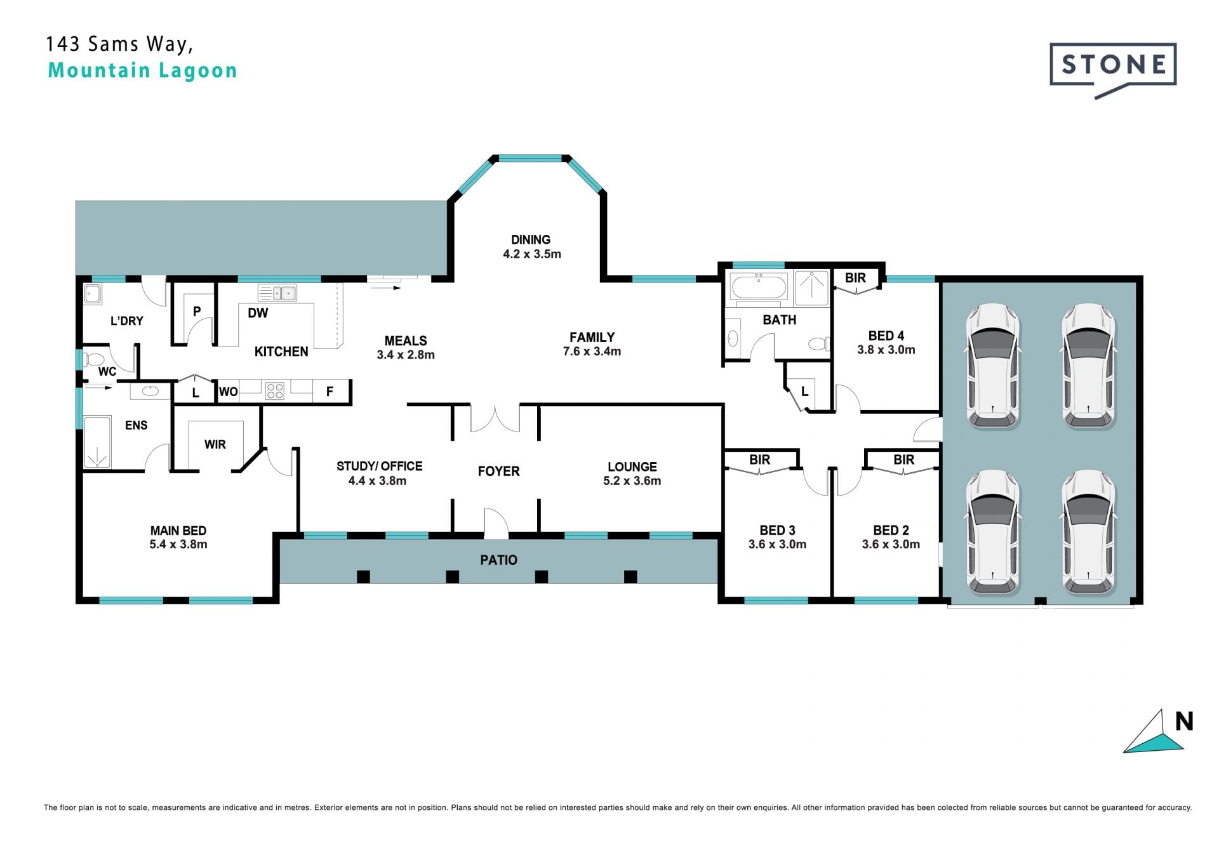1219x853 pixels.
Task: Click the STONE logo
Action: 1113,69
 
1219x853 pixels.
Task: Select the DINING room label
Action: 531,240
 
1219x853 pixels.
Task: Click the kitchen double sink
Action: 277,293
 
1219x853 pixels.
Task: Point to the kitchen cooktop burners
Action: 275,390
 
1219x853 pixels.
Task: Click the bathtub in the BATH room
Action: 759,286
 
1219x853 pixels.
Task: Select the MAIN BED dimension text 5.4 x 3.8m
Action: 178,545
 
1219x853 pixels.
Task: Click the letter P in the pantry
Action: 197,312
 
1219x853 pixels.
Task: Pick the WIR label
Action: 215,444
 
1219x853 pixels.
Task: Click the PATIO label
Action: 499,560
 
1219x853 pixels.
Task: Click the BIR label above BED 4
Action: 855,278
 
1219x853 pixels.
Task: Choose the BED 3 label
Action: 777,530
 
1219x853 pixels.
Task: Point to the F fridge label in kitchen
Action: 330,392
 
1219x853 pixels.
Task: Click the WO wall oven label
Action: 229,392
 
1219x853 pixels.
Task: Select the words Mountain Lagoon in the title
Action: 142,70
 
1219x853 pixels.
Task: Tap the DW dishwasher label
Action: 258,313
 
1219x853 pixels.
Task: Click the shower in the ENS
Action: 97,442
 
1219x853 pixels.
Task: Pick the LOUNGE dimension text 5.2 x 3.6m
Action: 632,481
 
